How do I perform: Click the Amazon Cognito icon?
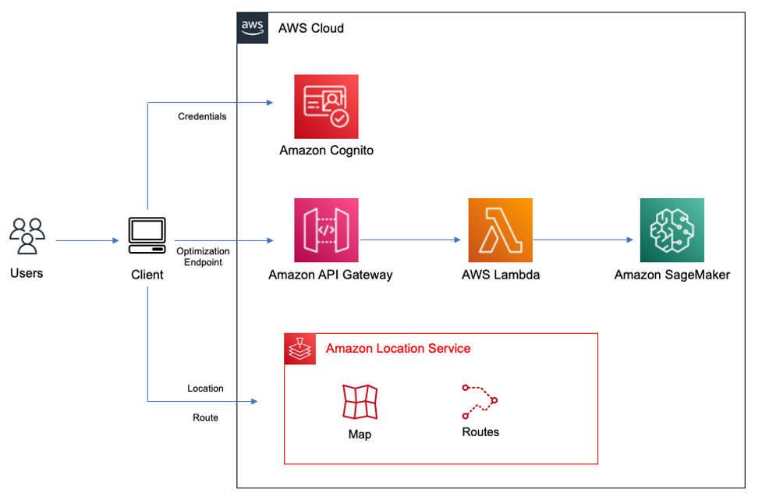(x=326, y=107)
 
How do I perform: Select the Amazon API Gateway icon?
(x=326, y=230)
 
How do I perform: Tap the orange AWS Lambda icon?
(x=500, y=230)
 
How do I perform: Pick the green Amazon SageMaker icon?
(x=672, y=230)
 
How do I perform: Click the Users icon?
(x=27, y=236)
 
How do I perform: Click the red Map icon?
(x=360, y=403)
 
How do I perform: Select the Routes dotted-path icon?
(x=480, y=401)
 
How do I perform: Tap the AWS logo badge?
(x=253, y=27)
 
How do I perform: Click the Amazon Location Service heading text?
(x=398, y=348)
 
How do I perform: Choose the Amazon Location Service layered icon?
(x=299, y=349)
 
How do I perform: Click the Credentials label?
(x=202, y=116)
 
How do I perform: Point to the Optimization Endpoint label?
(x=203, y=257)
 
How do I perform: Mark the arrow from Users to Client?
(x=86, y=240)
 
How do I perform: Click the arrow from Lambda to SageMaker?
(x=582, y=240)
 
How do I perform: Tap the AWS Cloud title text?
(x=311, y=28)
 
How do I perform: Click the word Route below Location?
(x=205, y=417)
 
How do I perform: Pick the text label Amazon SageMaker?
(x=672, y=275)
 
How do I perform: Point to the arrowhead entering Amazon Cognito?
(x=268, y=102)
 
